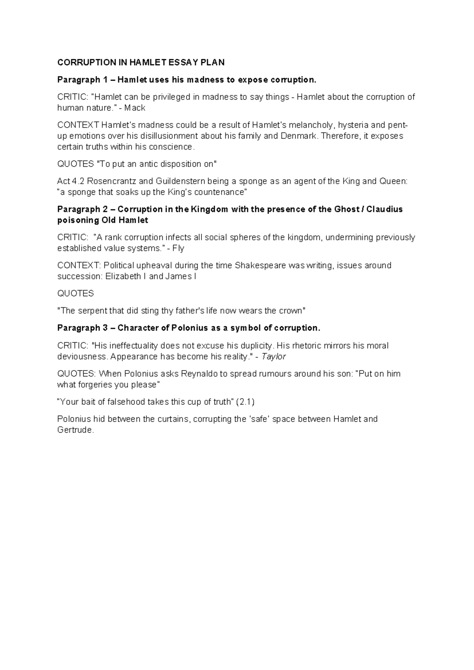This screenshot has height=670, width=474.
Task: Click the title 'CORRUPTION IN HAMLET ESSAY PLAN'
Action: (x=141, y=62)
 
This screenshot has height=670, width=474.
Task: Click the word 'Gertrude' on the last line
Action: (x=75, y=430)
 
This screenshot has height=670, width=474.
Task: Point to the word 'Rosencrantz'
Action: (x=111, y=181)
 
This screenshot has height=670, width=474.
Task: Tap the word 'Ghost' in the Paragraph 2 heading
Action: (x=346, y=209)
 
